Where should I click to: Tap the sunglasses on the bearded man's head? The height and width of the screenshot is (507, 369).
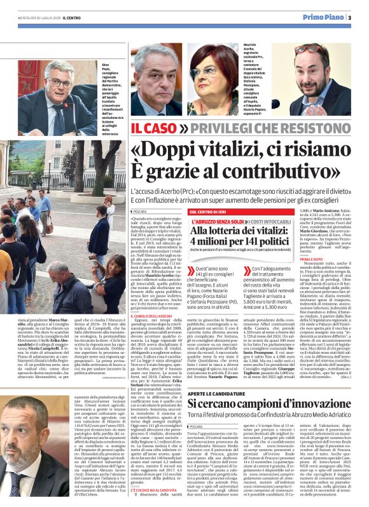308,49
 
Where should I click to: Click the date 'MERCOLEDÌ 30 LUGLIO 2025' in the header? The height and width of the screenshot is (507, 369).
34,18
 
